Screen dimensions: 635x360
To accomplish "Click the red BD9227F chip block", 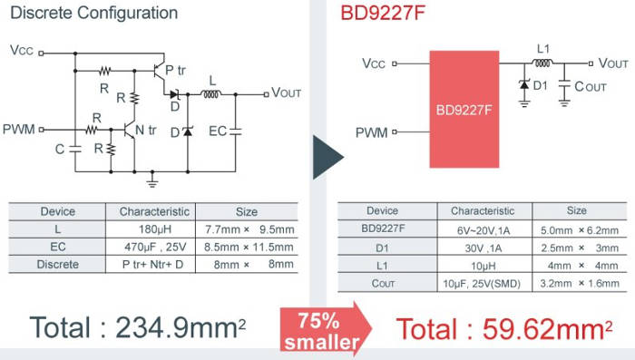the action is (464, 109).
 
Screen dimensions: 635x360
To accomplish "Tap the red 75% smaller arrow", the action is (325, 330).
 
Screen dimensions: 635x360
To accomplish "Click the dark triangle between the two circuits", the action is (327, 157).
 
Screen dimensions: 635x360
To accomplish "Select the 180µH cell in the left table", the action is (155, 229).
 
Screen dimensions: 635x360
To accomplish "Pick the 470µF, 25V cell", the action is (155, 247).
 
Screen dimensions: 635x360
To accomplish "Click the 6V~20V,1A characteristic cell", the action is (484, 230).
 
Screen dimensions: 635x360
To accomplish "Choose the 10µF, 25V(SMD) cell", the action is (482, 284).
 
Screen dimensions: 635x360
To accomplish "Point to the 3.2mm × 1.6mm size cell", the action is (580, 284).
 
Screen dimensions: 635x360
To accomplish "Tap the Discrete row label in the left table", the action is (58, 265).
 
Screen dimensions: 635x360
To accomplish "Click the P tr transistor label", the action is (175, 70).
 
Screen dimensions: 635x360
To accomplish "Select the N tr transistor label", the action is (145, 130).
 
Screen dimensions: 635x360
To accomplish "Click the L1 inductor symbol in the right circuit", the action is (542, 63).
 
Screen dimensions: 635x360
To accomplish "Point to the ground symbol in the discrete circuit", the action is (152, 180).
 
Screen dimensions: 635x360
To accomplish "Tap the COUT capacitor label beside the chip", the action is (591, 87).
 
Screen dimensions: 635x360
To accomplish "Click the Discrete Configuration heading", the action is (94, 13).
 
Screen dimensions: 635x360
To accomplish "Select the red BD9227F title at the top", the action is (383, 13).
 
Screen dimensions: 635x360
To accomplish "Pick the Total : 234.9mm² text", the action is (138, 328).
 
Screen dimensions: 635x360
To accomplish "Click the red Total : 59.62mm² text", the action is (504, 329).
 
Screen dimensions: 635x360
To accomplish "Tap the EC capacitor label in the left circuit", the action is (218, 131).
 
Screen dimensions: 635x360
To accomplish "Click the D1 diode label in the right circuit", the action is (541, 85).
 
